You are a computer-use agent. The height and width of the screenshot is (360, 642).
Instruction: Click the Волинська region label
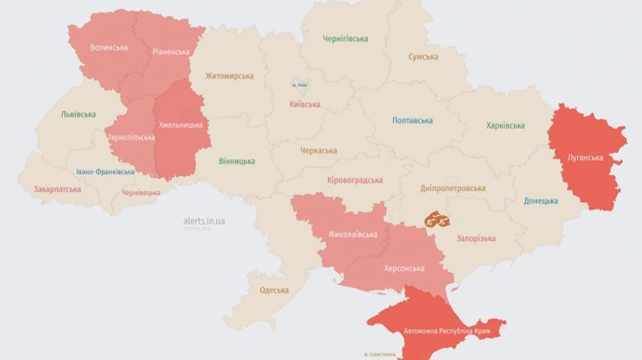tap(109, 48)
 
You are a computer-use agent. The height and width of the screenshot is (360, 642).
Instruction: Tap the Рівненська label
tap(171, 52)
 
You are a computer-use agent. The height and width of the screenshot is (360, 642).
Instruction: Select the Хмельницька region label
tap(180, 125)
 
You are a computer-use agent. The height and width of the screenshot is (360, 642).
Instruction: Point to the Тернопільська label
tap(131, 137)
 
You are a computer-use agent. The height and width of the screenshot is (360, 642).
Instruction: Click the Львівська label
tap(78, 114)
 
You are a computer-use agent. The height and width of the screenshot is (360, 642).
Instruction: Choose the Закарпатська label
tap(57, 190)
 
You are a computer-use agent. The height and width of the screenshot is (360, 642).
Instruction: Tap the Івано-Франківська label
tap(105, 172)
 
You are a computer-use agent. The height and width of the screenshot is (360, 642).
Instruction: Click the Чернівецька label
tap(141, 192)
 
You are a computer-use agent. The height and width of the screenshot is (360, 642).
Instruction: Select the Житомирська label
tap(230, 76)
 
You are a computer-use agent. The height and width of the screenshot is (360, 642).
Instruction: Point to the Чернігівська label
tap(345, 38)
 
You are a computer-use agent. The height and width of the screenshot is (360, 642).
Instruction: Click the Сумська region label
tap(423, 57)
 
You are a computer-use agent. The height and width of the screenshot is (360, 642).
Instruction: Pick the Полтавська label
tap(412, 120)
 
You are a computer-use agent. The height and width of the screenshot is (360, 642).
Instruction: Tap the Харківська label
tap(505, 126)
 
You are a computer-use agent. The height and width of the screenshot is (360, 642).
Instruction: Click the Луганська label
tap(586, 158)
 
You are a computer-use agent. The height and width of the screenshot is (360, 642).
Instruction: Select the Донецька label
tap(541, 201)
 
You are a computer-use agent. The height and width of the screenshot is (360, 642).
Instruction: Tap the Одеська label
tap(275, 290)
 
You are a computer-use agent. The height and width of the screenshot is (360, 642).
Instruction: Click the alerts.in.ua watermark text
tap(204, 221)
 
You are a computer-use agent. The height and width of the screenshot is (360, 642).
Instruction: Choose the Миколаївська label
tap(353, 235)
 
